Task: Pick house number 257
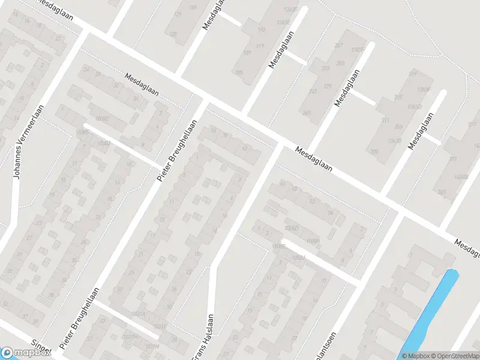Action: click(x=338, y=46)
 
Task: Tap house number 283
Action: click(x=341, y=63)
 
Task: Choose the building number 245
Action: click(x=307, y=113)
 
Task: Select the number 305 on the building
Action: click(x=374, y=151)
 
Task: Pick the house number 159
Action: click(x=193, y=7)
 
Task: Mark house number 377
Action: click(x=472, y=125)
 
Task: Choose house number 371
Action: click(x=453, y=159)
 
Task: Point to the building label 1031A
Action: click(x=139, y=313)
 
